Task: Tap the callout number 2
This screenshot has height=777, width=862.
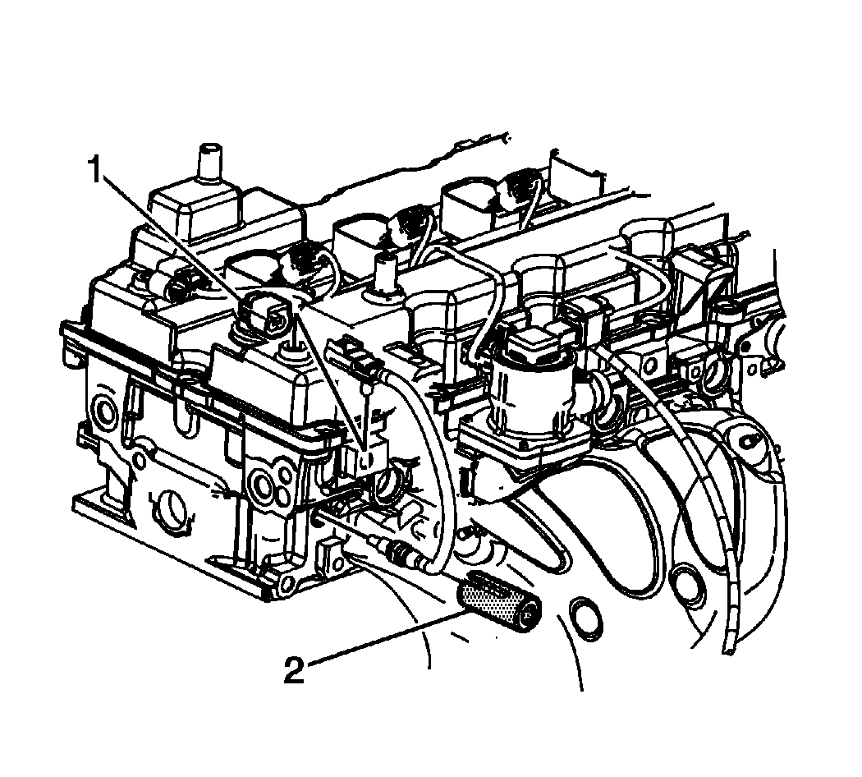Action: point(295,670)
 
